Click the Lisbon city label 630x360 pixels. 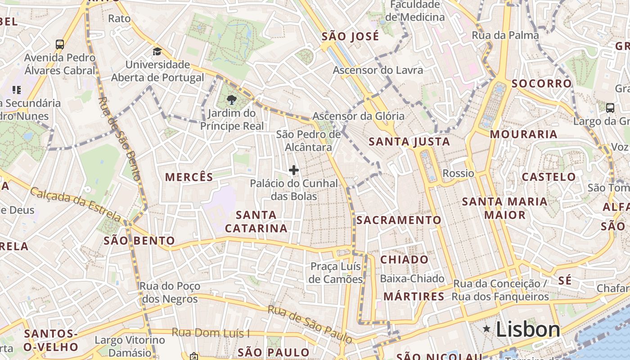(528, 329)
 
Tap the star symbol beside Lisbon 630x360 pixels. (486, 329)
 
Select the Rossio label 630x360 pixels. (459, 173)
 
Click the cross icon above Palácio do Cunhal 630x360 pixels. (294, 170)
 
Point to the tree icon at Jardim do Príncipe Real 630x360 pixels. (232, 100)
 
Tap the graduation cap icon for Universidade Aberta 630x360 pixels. (157, 51)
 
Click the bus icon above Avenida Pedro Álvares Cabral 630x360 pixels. (60, 44)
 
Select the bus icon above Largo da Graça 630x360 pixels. (610, 108)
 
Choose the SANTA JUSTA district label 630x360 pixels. (409, 142)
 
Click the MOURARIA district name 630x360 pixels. (523, 134)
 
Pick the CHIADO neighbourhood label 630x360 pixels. (405, 260)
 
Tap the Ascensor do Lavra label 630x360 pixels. (378, 70)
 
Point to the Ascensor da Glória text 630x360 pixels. (358, 116)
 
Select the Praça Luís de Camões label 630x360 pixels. (336, 273)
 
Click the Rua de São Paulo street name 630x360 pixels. (310, 324)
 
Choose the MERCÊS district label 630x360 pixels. (189, 177)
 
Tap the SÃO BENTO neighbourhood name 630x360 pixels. (139, 240)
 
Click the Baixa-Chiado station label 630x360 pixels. (412, 279)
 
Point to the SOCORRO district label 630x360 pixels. (541, 84)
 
